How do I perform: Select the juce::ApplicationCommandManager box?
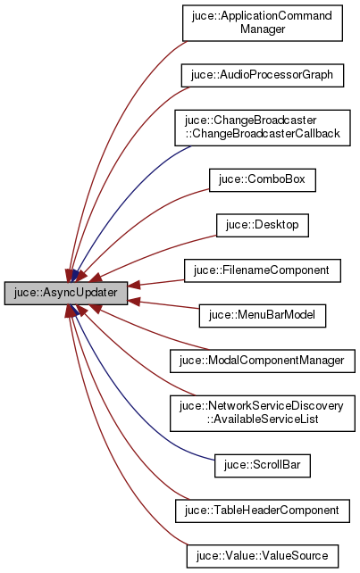[263, 23]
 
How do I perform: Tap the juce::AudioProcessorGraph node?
[263, 75]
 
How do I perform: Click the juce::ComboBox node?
[263, 179]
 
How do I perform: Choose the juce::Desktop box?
[263, 224]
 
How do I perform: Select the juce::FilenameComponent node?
[263, 269]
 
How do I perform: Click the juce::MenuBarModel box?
[263, 314]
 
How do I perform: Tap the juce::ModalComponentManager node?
[263, 360]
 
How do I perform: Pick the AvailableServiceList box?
[263, 411]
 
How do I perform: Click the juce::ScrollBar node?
[263, 464]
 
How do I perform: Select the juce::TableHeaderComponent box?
[263, 510]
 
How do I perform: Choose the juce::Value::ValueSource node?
[263, 555]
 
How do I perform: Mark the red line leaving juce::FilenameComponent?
[161, 279]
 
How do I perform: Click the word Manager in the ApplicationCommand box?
[263, 29]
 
